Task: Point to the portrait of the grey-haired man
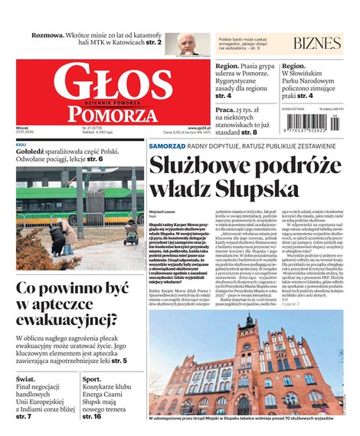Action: tap(187, 44)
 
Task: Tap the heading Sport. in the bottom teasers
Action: tap(92, 379)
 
